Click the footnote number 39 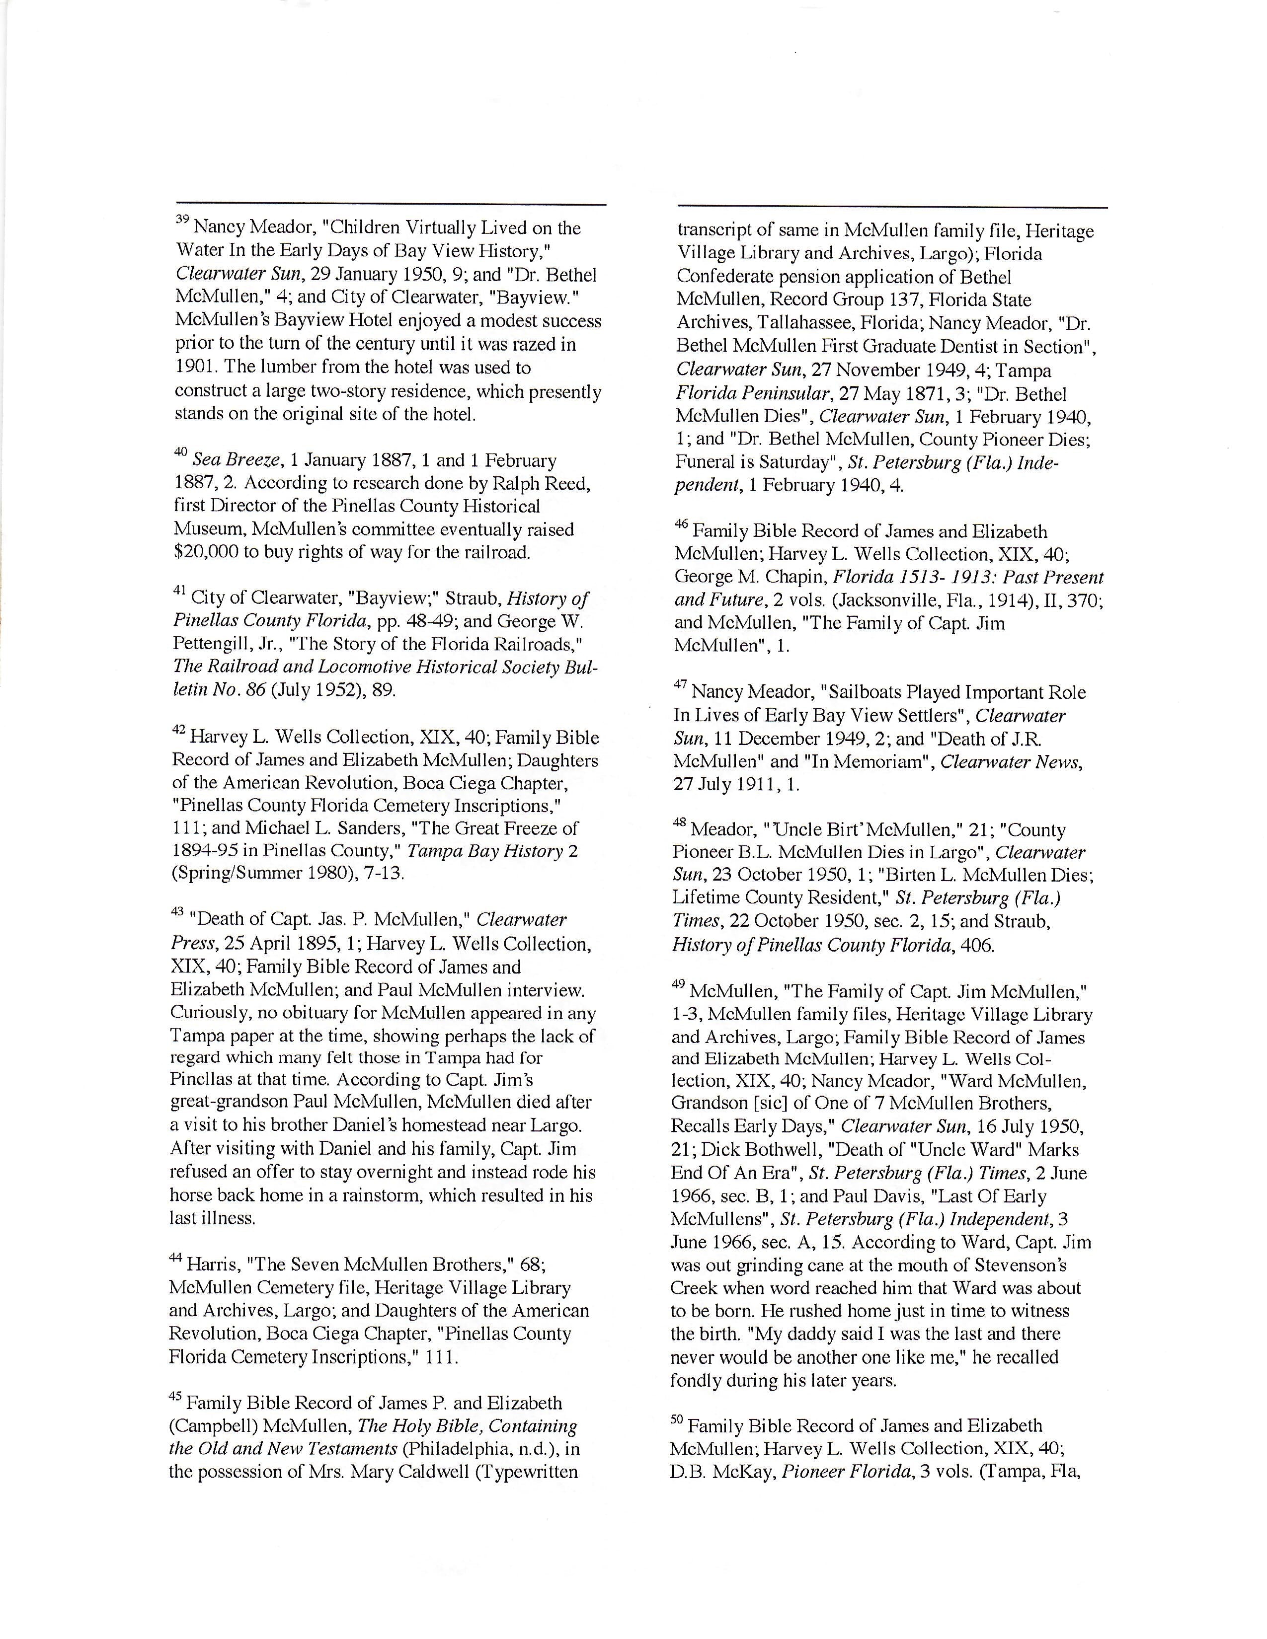coord(182,221)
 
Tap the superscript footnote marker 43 coord(177,912)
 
